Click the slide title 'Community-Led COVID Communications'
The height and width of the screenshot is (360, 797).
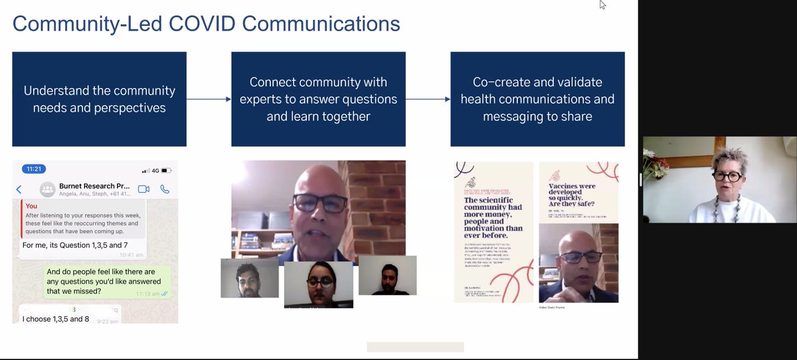point(206,24)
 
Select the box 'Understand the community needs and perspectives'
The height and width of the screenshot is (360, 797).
point(100,99)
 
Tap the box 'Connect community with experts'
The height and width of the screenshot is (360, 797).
point(318,99)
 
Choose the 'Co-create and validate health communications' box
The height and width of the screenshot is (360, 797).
point(537,99)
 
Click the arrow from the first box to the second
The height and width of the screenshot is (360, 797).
point(209,100)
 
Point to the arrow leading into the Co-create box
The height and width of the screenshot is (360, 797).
point(428,100)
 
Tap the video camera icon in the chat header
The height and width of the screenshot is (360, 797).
point(143,189)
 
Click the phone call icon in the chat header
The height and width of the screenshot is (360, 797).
point(165,189)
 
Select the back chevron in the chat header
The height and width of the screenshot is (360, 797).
point(19,189)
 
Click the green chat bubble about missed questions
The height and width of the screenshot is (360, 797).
point(108,282)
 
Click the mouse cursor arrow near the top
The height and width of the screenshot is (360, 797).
point(602,5)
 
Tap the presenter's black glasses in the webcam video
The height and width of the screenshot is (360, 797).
point(727,176)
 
